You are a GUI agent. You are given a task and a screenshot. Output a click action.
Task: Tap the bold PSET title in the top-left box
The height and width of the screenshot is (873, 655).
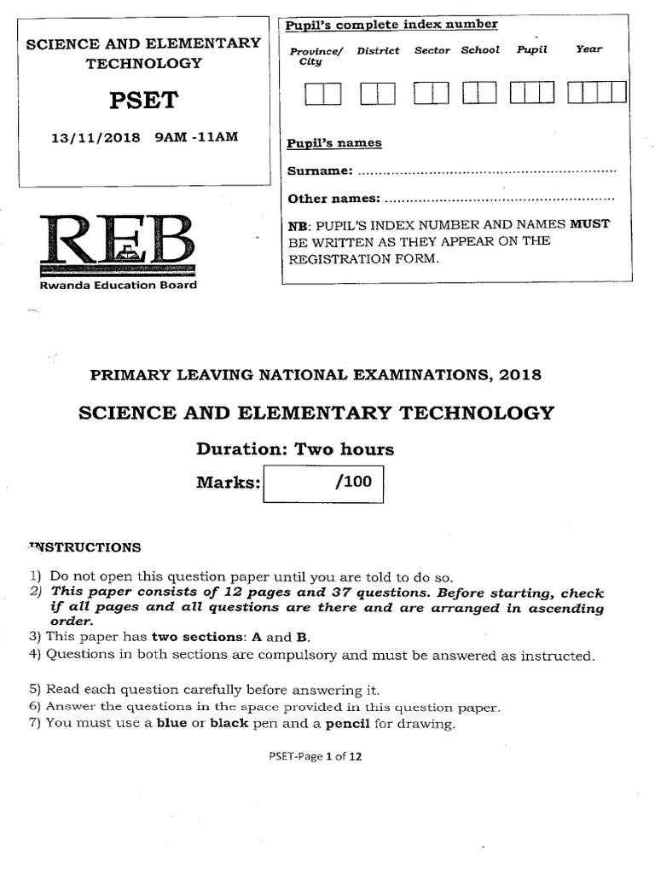point(143,101)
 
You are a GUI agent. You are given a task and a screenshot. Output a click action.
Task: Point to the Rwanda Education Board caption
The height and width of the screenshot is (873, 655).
point(119,285)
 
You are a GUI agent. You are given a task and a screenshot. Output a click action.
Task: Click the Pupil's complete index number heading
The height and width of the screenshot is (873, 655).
point(391,24)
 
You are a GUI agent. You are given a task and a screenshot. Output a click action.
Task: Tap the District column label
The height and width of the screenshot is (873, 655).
point(377,51)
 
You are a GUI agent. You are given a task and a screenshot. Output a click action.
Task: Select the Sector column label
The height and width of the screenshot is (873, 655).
point(432,51)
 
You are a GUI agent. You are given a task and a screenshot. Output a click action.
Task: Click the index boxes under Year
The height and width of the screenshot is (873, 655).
point(597,91)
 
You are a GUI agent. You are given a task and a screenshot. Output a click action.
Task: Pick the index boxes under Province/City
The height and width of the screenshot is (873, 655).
point(322,92)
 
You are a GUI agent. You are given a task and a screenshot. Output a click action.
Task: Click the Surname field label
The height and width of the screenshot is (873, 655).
point(320,171)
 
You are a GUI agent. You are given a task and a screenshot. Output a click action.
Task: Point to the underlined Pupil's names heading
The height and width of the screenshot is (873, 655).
point(334,143)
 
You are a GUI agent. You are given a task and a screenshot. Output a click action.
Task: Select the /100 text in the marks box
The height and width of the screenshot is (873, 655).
point(354,482)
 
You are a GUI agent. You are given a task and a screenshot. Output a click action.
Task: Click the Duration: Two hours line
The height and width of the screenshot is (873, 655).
point(295,449)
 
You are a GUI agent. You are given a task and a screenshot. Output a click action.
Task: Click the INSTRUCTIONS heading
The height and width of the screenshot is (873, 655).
point(85,547)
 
